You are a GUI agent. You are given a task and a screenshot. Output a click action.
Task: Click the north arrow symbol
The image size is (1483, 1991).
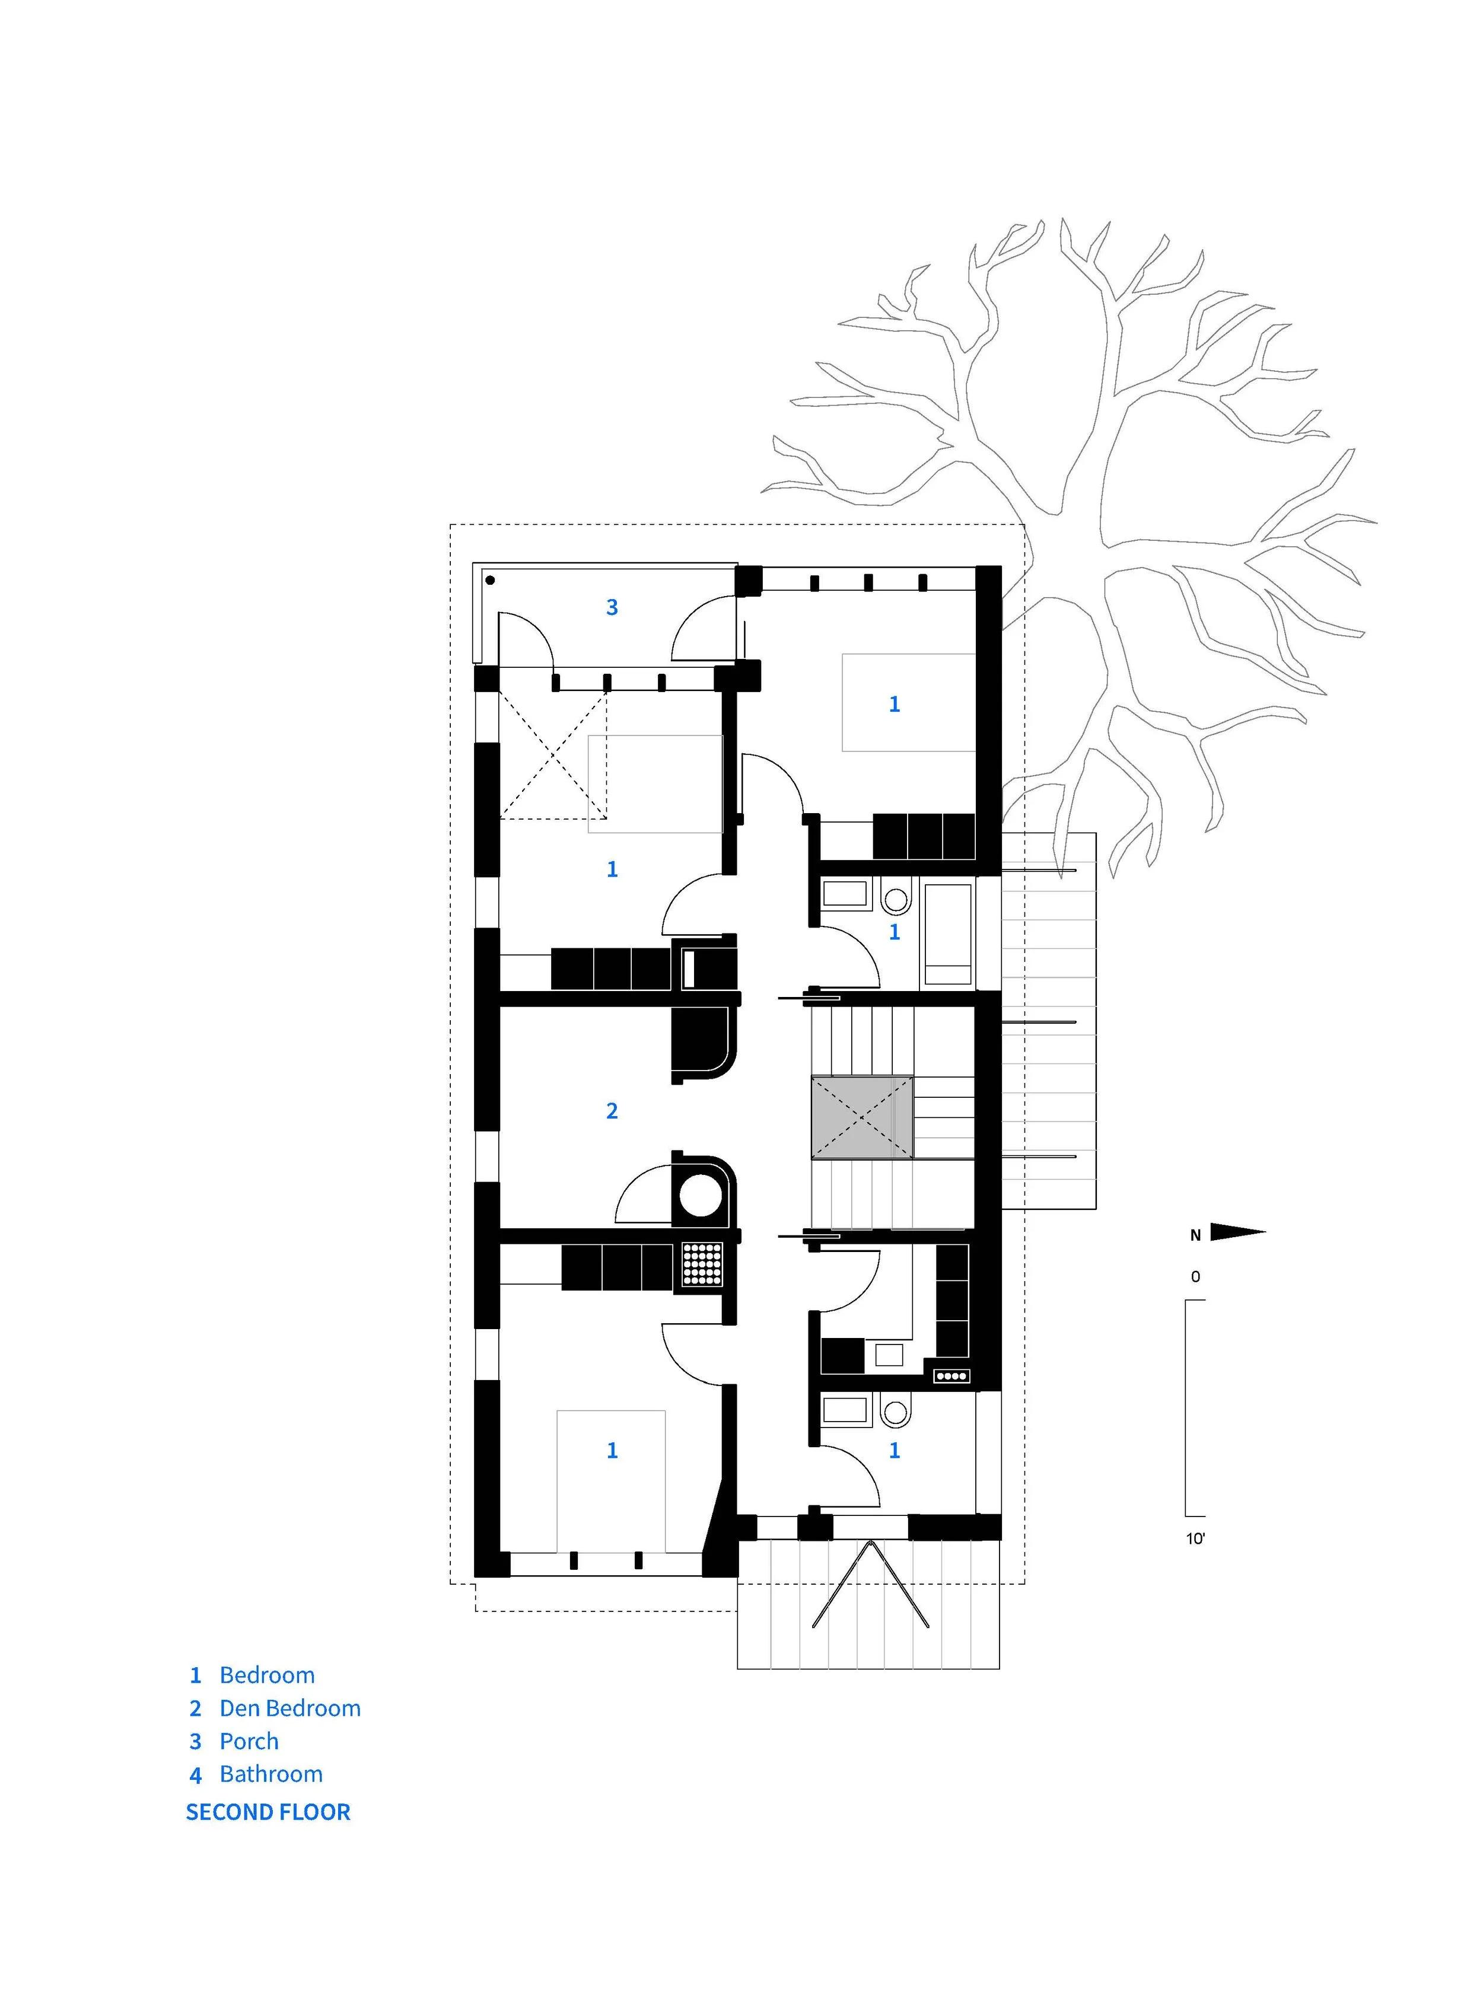coord(1237,1232)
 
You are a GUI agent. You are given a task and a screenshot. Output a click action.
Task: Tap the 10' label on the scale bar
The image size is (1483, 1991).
coord(1195,1538)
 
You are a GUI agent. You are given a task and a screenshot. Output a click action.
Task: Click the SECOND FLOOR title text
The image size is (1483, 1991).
coord(268,1812)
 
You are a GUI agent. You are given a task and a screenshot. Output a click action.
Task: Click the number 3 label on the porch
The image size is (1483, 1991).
coord(612,608)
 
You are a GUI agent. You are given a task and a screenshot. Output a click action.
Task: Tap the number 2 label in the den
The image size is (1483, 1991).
coord(612,1111)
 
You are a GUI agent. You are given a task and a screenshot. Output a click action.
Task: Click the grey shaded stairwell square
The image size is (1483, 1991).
coord(862,1117)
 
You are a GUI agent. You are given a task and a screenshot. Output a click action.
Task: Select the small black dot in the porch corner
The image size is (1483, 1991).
coord(490,581)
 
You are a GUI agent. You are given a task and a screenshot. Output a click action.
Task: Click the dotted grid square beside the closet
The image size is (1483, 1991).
coord(702,1264)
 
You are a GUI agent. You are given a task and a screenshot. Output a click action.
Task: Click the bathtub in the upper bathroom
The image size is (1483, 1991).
coord(948,935)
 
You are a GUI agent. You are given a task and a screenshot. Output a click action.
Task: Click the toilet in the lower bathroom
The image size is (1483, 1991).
coord(895,1412)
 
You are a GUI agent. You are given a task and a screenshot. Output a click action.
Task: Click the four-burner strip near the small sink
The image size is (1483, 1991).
coord(951,1376)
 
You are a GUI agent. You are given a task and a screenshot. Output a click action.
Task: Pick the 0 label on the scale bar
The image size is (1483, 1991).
coord(1195,1276)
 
